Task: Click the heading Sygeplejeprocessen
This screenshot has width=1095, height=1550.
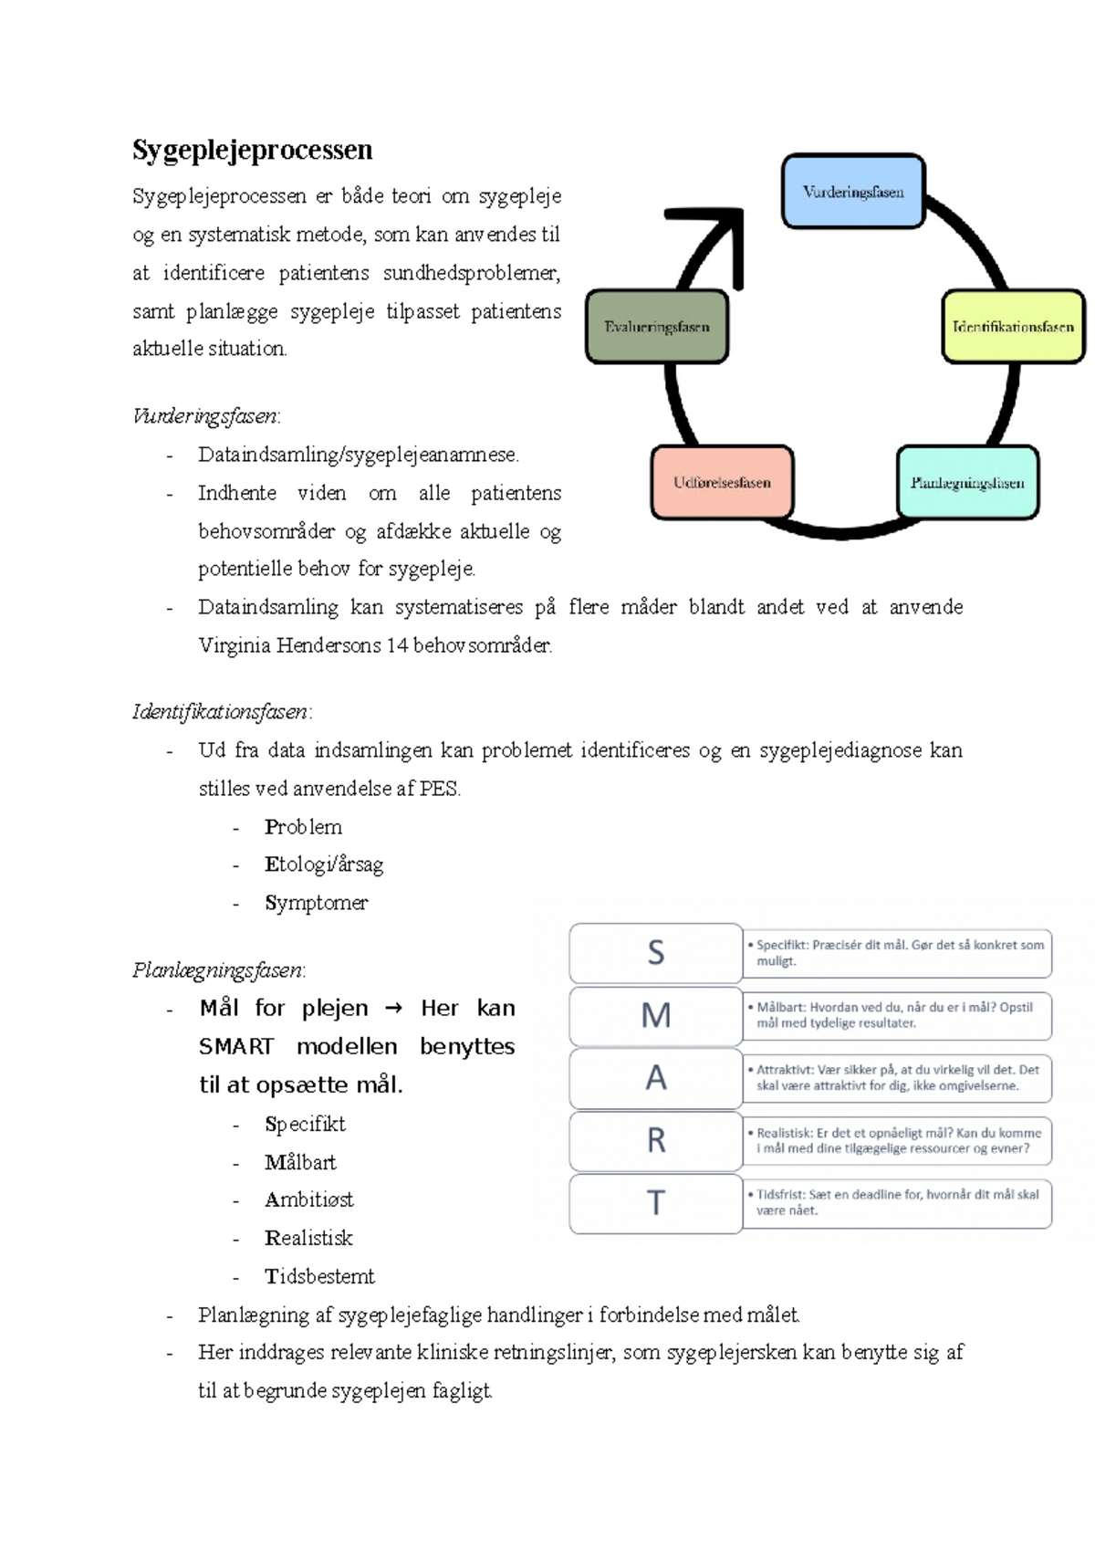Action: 253,150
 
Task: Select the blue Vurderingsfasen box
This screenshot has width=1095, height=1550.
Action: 853,192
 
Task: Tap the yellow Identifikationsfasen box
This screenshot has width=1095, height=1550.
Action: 1013,327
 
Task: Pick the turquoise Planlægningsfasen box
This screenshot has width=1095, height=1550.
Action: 967,483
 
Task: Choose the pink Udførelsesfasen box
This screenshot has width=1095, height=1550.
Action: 722,483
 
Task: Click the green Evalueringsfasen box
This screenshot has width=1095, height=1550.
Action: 656,327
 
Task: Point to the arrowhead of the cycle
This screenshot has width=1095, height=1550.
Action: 721,228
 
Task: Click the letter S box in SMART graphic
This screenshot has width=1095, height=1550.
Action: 655,953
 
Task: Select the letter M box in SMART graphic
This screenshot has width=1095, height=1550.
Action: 655,1015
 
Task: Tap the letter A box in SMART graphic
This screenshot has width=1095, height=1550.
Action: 655,1078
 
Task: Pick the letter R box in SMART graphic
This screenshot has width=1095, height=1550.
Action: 655,1140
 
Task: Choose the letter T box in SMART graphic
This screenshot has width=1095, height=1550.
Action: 655,1203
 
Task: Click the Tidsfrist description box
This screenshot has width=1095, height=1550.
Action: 897,1202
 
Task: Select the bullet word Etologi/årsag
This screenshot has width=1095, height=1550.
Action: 324,864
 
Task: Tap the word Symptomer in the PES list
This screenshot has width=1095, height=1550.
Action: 316,903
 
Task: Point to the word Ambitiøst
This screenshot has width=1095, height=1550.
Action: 308,1199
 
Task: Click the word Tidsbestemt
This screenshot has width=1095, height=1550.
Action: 319,1276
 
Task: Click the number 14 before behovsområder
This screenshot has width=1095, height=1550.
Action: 397,645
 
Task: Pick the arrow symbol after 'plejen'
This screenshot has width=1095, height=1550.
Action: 393,1009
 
